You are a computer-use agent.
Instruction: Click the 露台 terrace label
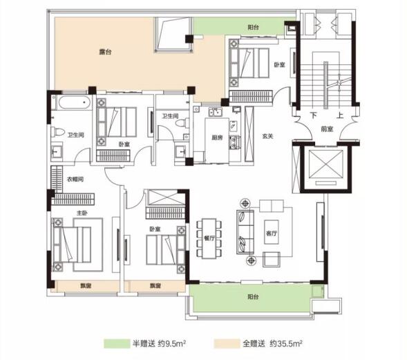click(x=105, y=52)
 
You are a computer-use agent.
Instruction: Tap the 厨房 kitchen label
click(x=217, y=138)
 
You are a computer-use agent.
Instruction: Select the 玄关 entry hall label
click(x=267, y=136)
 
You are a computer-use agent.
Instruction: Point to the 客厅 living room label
click(x=272, y=233)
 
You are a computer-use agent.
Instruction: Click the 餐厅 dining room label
click(x=209, y=238)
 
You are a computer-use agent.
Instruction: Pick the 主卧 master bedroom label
click(x=82, y=213)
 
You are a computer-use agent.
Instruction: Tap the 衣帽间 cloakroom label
click(x=75, y=179)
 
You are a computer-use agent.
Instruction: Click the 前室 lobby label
click(x=327, y=129)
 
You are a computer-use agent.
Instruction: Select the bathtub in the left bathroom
click(x=75, y=102)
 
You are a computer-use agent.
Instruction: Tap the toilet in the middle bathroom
click(x=182, y=122)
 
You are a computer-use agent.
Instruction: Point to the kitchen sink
click(x=216, y=112)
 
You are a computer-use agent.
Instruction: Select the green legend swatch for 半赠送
click(x=117, y=343)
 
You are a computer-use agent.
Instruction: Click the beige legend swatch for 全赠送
click(x=227, y=343)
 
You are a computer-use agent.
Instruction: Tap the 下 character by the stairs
click(x=314, y=115)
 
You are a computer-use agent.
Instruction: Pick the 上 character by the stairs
click(x=340, y=115)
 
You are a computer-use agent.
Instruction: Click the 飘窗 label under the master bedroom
click(x=86, y=286)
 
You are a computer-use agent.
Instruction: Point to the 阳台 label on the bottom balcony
click(x=253, y=296)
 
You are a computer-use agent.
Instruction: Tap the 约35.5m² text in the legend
click(x=286, y=343)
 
